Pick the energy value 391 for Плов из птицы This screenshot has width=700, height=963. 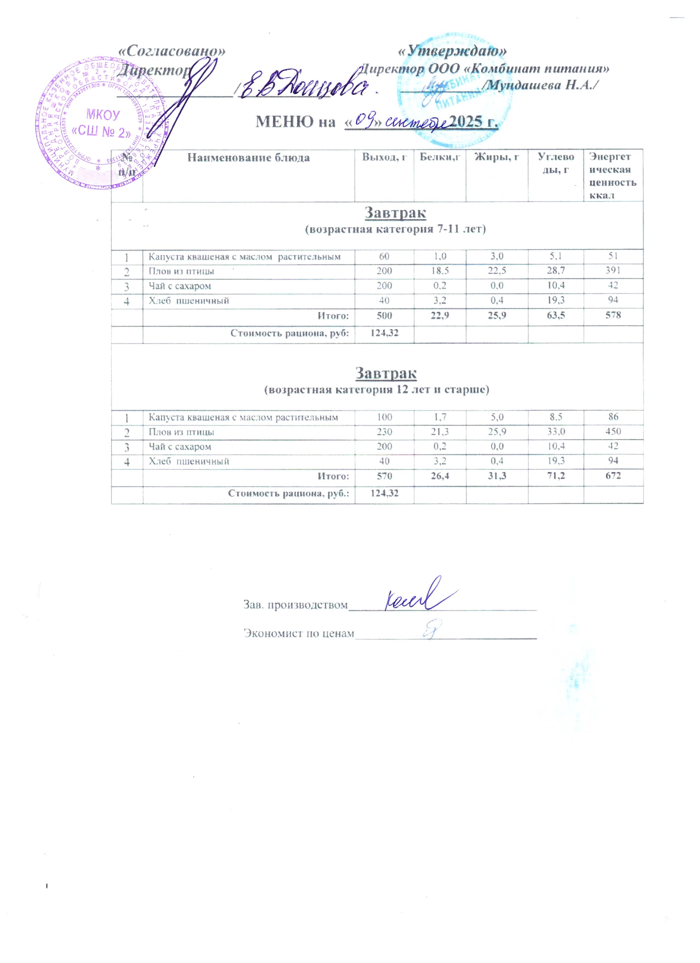pyautogui.click(x=613, y=271)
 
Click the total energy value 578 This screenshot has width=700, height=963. pyautogui.click(x=613, y=315)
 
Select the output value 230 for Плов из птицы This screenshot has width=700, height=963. pyautogui.click(x=384, y=431)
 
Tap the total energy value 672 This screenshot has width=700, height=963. pyautogui.click(x=613, y=475)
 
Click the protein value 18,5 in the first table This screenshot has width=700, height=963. pyautogui.click(x=439, y=271)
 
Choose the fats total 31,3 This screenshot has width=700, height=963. pyautogui.click(x=497, y=475)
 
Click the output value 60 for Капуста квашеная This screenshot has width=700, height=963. pyautogui.click(x=384, y=256)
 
